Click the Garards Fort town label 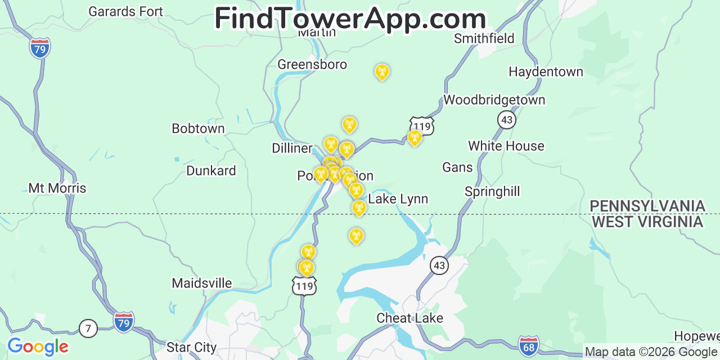click(x=126, y=11)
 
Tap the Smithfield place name click(x=484, y=38)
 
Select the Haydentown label click(x=546, y=72)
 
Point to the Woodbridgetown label click(x=494, y=100)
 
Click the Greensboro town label click(x=312, y=65)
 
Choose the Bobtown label click(x=198, y=129)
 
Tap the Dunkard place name click(x=211, y=171)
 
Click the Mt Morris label click(x=57, y=188)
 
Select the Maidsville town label click(x=202, y=283)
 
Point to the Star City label click(x=191, y=348)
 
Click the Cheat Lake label click(x=409, y=318)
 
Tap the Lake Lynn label click(x=398, y=199)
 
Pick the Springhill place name click(x=492, y=192)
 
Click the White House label click(x=506, y=146)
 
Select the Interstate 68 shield click(x=528, y=345)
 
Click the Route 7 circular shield click(x=88, y=328)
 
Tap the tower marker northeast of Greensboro click(x=382, y=71)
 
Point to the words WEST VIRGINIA click(x=647, y=222)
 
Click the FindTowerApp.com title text click(x=350, y=19)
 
